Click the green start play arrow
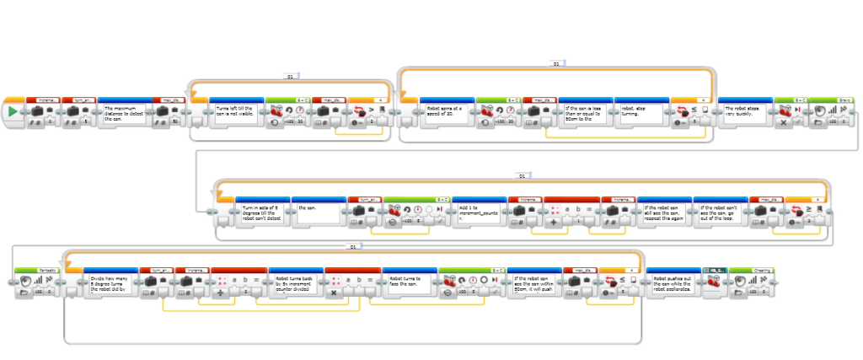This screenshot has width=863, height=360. tap(13, 112)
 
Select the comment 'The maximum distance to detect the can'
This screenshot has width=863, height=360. tap(126, 115)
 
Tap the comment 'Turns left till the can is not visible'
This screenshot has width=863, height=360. tap(236, 115)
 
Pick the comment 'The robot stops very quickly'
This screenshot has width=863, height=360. tap(745, 115)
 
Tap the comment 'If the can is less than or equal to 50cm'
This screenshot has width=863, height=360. tap(585, 115)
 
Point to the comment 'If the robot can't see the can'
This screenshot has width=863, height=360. tap(719, 209)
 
